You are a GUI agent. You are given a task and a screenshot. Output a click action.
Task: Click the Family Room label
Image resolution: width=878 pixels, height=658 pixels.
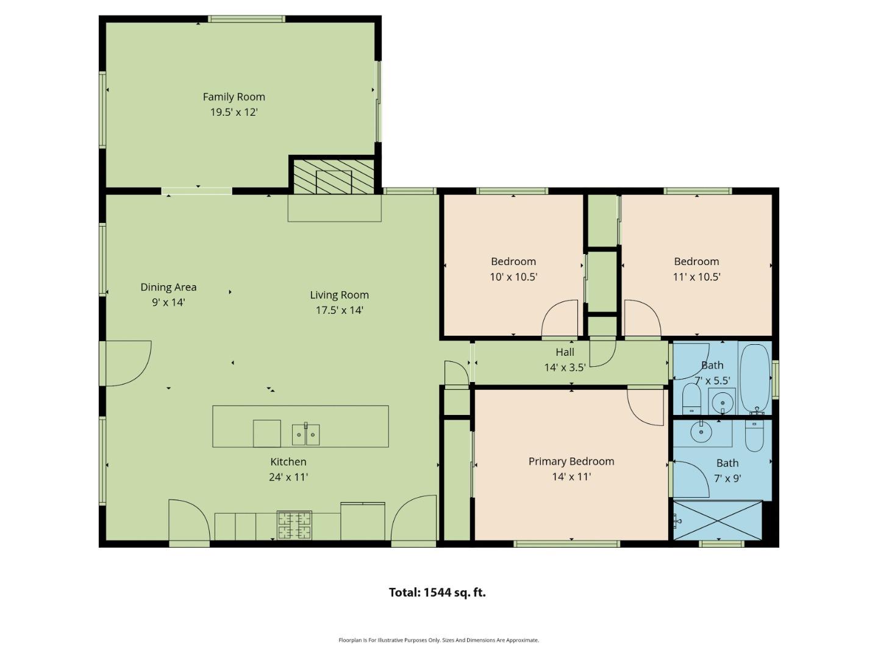234,97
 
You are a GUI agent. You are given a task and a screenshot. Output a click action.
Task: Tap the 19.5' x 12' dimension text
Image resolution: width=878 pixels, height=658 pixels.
234,112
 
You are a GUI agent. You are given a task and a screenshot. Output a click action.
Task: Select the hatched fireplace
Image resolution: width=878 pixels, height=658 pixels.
334,176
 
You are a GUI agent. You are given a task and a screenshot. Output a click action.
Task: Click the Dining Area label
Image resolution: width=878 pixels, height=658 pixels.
168,287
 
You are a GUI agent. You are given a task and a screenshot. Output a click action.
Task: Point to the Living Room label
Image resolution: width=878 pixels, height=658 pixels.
339,295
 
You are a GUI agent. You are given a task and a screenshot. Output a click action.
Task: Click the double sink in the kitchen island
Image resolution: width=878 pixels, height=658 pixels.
305,434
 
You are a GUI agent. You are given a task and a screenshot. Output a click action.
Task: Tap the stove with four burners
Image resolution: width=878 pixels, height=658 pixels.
294,525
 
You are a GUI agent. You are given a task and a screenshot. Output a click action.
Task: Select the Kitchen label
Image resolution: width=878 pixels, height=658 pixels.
288,462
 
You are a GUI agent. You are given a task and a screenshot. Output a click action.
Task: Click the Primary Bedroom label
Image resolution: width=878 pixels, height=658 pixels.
571,461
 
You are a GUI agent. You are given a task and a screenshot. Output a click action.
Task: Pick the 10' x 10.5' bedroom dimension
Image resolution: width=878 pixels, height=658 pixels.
513,277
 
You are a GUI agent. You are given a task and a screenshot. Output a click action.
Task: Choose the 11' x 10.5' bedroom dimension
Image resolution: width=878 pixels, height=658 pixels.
696,277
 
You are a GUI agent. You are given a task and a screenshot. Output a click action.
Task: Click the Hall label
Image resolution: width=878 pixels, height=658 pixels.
565,352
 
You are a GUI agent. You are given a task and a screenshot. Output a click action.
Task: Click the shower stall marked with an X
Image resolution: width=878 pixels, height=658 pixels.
718,520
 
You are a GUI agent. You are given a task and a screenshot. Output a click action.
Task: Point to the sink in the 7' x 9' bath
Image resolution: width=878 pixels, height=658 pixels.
701,432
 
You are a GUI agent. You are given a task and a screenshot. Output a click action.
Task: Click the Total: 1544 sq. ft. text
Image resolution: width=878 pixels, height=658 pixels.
437,592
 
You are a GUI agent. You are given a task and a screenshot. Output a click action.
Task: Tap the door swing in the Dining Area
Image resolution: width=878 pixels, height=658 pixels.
127,363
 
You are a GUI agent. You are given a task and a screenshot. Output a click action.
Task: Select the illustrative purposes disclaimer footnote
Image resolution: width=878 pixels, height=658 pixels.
438,640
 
